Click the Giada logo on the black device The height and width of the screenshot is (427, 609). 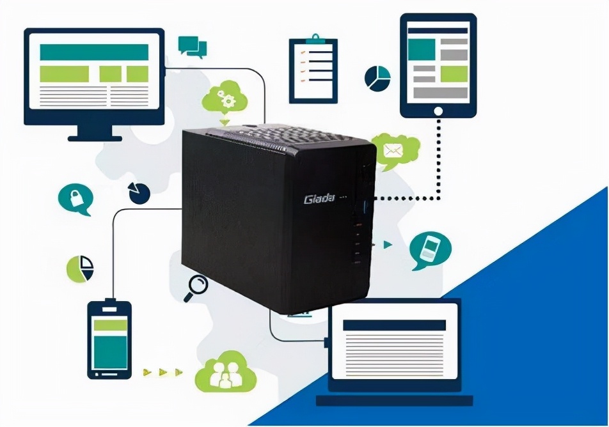(x=319, y=199)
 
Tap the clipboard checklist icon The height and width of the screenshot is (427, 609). (x=313, y=70)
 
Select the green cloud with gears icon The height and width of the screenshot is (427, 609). (x=224, y=98)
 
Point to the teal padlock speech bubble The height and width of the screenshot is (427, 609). (x=75, y=199)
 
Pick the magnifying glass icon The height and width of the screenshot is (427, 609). (x=196, y=287)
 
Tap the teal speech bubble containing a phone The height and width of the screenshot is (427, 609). (x=430, y=249)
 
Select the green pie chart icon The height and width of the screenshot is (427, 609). (x=81, y=269)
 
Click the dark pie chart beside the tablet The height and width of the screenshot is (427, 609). (x=377, y=77)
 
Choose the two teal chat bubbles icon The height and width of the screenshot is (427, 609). (x=193, y=45)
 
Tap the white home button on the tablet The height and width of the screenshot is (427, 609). (x=438, y=111)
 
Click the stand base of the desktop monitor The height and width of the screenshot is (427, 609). (x=95, y=137)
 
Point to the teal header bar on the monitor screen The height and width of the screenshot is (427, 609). (x=94, y=52)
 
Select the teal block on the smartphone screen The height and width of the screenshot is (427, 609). (x=110, y=352)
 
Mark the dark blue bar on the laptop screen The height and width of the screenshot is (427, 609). (x=394, y=325)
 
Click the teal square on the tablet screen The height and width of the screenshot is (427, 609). (x=421, y=49)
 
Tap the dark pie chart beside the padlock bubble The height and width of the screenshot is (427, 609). (x=139, y=192)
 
